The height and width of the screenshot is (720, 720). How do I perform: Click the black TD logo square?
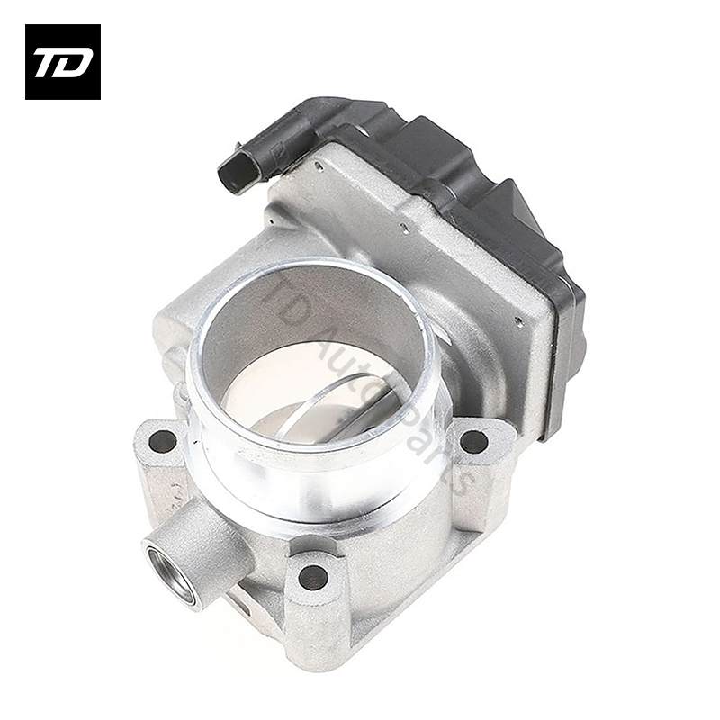point(62,62)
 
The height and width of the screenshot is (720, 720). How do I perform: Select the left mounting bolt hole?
point(162,441)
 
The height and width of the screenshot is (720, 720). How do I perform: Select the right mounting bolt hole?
point(473,441)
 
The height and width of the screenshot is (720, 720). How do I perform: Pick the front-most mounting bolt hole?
point(312,577)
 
